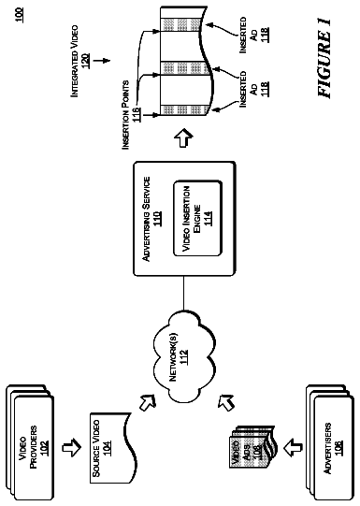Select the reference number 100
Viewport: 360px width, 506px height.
(20, 15)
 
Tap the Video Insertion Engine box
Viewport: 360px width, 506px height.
(198, 219)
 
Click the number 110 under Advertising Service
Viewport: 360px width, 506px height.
(158, 218)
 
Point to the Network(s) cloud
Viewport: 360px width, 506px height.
(183, 357)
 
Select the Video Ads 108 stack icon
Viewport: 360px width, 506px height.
(252, 447)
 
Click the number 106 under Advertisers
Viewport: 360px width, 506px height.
(339, 447)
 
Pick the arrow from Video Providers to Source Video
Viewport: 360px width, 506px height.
(72, 447)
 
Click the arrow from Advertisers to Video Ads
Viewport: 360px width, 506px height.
(293, 447)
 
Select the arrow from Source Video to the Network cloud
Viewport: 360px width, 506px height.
(148, 402)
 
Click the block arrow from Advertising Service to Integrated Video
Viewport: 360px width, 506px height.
(183, 138)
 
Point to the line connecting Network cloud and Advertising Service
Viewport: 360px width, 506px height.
(183, 293)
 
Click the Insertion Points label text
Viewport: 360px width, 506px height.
(125, 114)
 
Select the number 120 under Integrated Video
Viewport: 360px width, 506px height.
(86, 61)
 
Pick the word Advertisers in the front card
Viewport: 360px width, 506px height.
(328, 448)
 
